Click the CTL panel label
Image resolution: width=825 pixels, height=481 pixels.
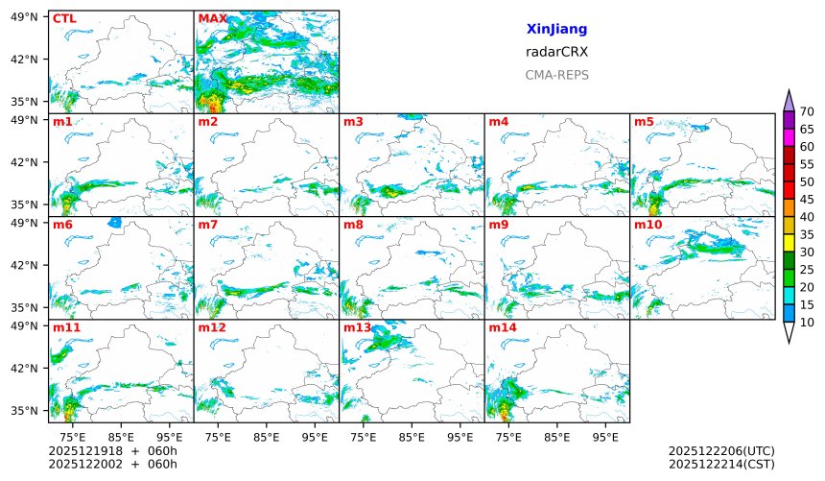click(x=64, y=18)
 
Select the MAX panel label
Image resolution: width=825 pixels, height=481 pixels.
click(x=212, y=18)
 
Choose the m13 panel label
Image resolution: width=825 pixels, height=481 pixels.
click(x=357, y=327)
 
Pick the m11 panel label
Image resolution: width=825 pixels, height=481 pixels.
click(x=66, y=327)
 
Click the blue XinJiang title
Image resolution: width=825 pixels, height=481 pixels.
click(x=556, y=30)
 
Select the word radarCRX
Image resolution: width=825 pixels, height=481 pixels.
click(x=556, y=52)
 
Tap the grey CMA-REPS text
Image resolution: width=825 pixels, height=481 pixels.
click(x=556, y=75)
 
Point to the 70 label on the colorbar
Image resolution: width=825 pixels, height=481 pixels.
click(x=807, y=112)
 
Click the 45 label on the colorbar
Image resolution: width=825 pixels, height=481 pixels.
click(x=807, y=199)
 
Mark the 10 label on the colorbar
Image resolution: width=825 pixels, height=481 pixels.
click(x=807, y=323)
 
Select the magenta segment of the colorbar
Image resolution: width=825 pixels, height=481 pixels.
click(x=789, y=137)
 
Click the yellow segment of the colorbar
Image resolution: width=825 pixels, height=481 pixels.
click(x=789, y=242)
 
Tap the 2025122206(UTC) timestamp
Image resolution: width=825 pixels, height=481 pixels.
click(x=720, y=450)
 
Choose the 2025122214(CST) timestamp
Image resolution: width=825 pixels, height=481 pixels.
click(x=720, y=464)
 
